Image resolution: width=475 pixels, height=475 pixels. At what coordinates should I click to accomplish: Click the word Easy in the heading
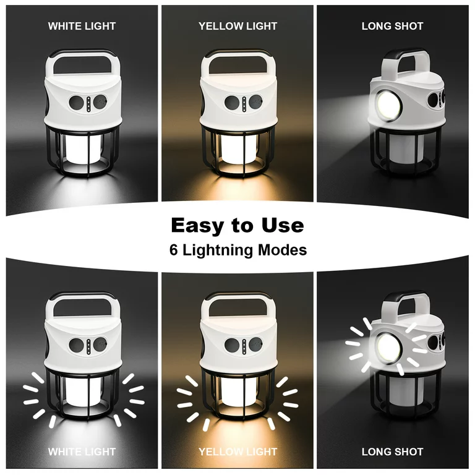(x=197, y=226)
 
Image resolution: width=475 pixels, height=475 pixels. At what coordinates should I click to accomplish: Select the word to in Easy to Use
(x=242, y=226)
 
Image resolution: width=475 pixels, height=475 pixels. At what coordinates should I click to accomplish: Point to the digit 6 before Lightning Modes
(x=174, y=250)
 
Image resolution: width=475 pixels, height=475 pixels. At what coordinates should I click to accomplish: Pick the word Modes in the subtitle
(x=282, y=250)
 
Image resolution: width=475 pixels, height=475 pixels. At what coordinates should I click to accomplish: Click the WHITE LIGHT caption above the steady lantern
(x=82, y=27)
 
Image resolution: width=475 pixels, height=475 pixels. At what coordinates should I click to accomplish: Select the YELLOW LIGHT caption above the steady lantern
(x=237, y=27)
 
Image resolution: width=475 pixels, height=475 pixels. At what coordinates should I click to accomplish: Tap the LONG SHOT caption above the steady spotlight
(x=392, y=27)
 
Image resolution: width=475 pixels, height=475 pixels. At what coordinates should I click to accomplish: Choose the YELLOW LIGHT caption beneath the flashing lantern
(x=237, y=451)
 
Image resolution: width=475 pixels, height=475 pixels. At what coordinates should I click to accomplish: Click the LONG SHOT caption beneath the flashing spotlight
(x=392, y=451)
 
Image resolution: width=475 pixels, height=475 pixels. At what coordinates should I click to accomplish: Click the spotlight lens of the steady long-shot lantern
(x=389, y=105)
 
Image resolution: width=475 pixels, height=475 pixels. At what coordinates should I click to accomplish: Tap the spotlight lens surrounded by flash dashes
(x=389, y=348)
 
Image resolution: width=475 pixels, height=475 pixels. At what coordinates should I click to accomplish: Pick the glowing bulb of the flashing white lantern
(x=83, y=392)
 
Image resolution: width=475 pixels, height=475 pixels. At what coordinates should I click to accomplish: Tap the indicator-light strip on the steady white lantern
(x=88, y=104)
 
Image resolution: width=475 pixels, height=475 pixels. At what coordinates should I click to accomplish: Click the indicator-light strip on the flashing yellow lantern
(x=244, y=346)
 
